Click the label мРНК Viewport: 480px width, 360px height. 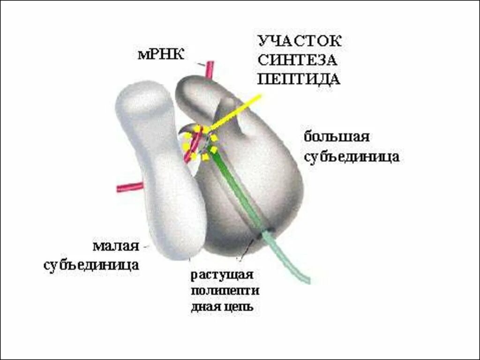click(161, 54)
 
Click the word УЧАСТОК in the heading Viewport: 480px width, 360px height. click(300, 41)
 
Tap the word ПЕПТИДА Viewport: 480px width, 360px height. click(299, 78)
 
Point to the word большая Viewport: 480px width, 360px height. click(337, 137)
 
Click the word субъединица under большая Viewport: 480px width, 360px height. click(352, 157)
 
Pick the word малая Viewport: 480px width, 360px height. click(116, 246)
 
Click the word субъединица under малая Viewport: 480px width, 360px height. click(91, 264)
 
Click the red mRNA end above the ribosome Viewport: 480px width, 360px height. click(209, 69)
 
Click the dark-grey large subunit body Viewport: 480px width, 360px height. click(262, 178)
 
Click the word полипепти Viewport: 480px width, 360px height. click(225, 291)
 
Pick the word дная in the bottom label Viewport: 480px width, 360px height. click(203, 307)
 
